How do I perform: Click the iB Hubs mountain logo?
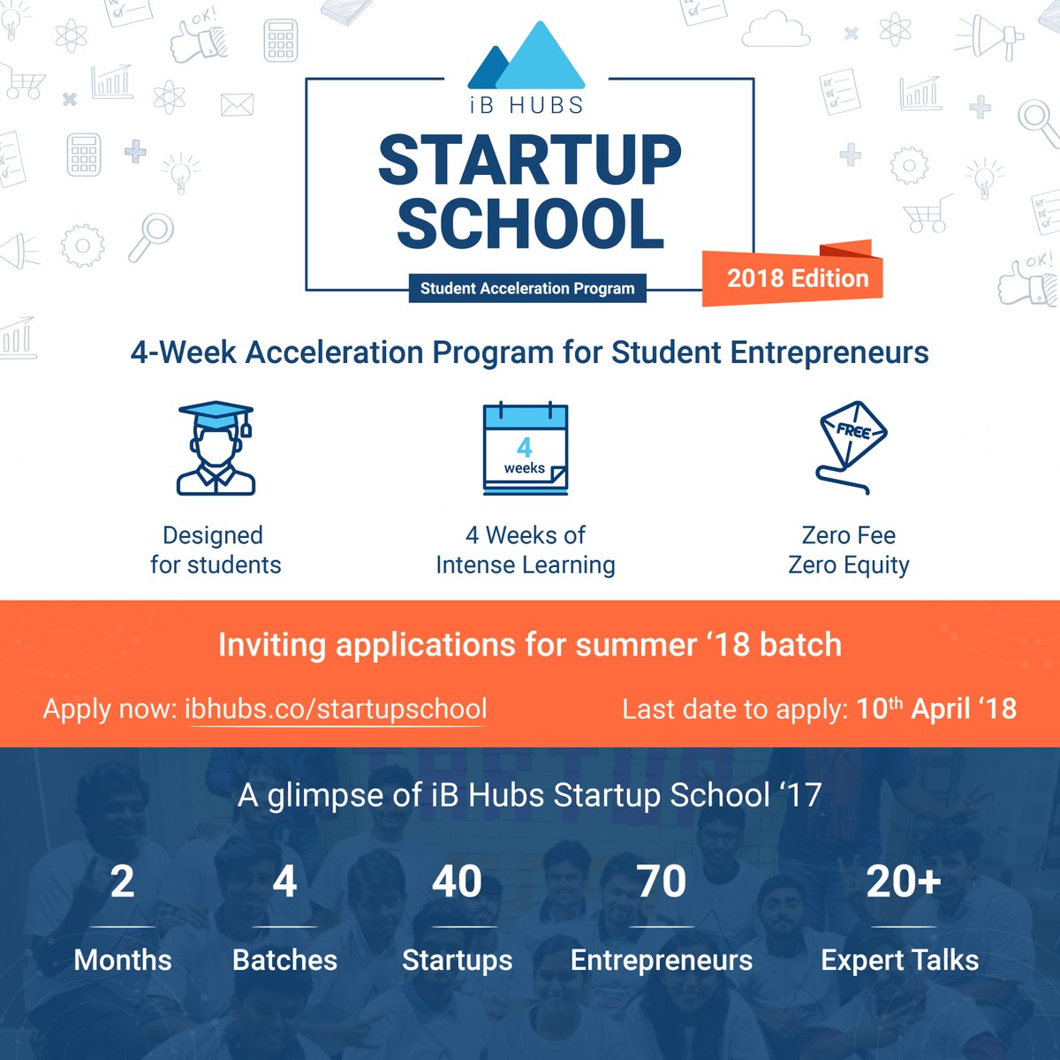[x=526, y=58]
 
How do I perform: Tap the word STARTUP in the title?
[x=530, y=162]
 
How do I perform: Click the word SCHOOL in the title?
[x=530, y=223]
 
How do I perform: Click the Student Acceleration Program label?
[x=527, y=288]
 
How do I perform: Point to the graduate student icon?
[x=216, y=449]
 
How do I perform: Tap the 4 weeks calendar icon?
[x=526, y=449]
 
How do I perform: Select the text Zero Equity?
[x=848, y=564]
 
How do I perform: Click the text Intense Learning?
[x=526, y=564]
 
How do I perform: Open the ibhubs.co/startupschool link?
[x=336, y=709]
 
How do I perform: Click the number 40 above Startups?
[x=457, y=882]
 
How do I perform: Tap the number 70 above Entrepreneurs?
[x=661, y=882]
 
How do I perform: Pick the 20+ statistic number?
[x=903, y=882]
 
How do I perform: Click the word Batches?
[x=284, y=960]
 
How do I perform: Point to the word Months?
[x=123, y=960]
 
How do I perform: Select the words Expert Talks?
[x=899, y=960]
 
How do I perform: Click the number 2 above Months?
[x=123, y=882]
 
